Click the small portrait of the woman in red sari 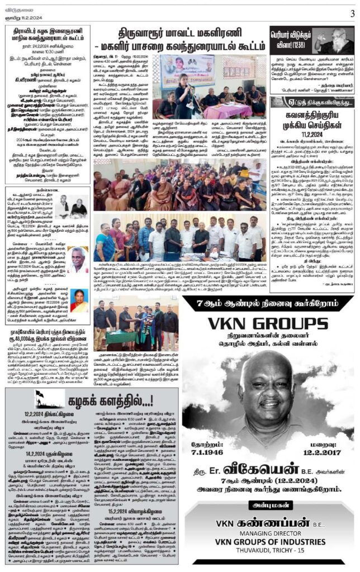(x=79, y=301)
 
